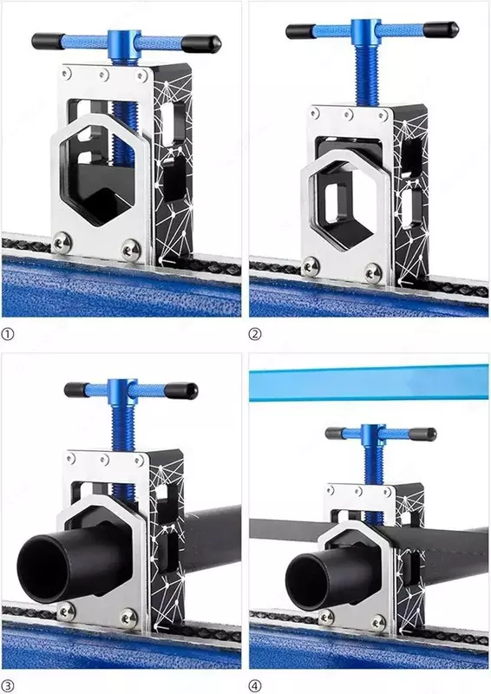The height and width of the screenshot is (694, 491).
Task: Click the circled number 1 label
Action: [x=8, y=334]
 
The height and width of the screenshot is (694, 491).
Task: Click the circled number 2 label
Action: [x=254, y=334]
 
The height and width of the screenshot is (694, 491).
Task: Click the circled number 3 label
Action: [x=8, y=686]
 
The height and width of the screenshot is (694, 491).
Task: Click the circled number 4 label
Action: [x=254, y=686]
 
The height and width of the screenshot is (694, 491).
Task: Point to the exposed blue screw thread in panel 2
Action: [x=367, y=75]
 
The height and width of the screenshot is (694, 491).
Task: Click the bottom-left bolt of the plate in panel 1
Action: [x=62, y=242]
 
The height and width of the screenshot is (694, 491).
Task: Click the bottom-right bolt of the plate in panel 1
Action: [x=131, y=249]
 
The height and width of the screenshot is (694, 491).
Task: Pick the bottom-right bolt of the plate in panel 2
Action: [x=373, y=273]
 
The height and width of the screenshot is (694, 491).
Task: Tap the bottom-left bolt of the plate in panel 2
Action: [x=311, y=267]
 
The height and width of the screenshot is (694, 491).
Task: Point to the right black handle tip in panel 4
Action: [x=422, y=435]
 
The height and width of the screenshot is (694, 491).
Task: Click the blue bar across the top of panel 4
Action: [x=369, y=383]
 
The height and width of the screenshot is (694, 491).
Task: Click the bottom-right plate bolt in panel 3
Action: [x=129, y=617]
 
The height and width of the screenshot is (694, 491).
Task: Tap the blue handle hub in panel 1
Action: [x=121, y=47]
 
